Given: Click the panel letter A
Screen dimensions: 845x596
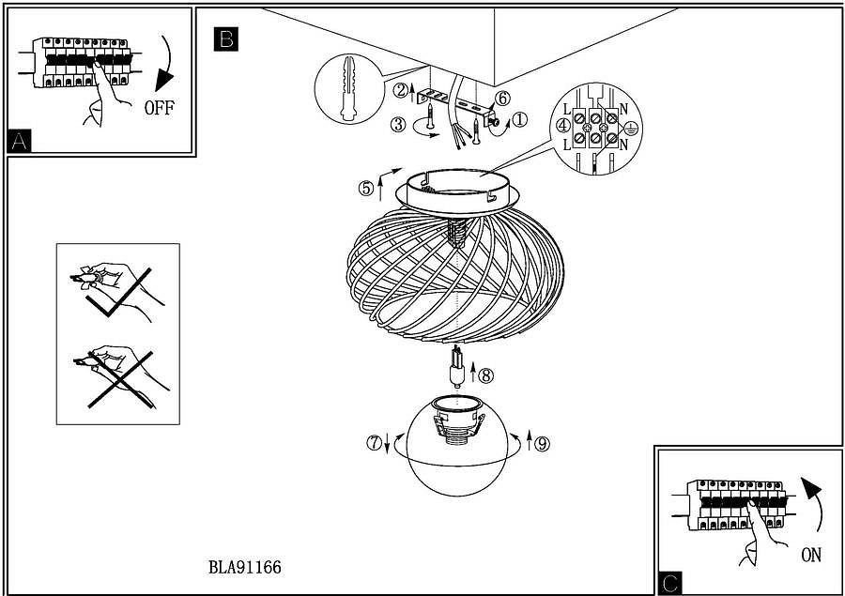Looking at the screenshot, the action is (x=19, y=141).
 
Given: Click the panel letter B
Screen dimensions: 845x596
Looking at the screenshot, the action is (x=225, y=38).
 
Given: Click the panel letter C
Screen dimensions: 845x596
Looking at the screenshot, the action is (x=669, y=583).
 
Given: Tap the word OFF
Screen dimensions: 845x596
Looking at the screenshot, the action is (x=160, y=108).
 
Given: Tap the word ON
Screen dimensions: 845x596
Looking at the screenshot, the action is (x=811, y=555).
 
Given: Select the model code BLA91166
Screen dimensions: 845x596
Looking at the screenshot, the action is (x=245, y=567).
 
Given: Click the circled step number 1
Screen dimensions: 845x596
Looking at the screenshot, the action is (x=519, y=119).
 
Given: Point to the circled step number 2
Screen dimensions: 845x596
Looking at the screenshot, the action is (x=400, y=90).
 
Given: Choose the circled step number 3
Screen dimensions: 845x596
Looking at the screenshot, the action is (x=398, y=125).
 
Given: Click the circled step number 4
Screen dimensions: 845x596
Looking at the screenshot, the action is (x=563, y=126).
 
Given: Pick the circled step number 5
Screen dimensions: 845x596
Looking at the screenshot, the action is (x=366, y=189).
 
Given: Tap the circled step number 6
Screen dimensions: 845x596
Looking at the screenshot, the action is (x=501, y=99).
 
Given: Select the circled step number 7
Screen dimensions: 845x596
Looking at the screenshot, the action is (x=374, y=443).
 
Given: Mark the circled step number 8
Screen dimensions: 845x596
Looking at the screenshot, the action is (x=486, y=375).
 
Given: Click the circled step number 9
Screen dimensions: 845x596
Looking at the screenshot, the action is (x=543, y=444).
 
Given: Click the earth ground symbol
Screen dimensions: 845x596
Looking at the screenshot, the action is (x=631, y=129).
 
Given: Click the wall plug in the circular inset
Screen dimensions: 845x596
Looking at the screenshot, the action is (x=348, y=88).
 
